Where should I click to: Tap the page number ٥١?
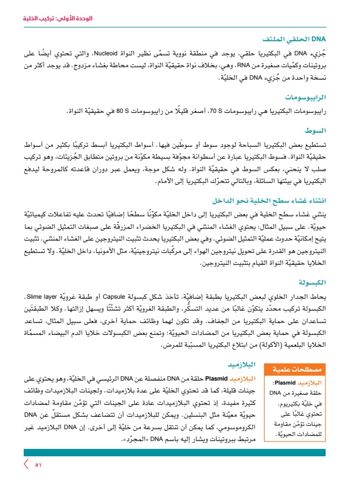[38, 465]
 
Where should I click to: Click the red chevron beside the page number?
[26, 465]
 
